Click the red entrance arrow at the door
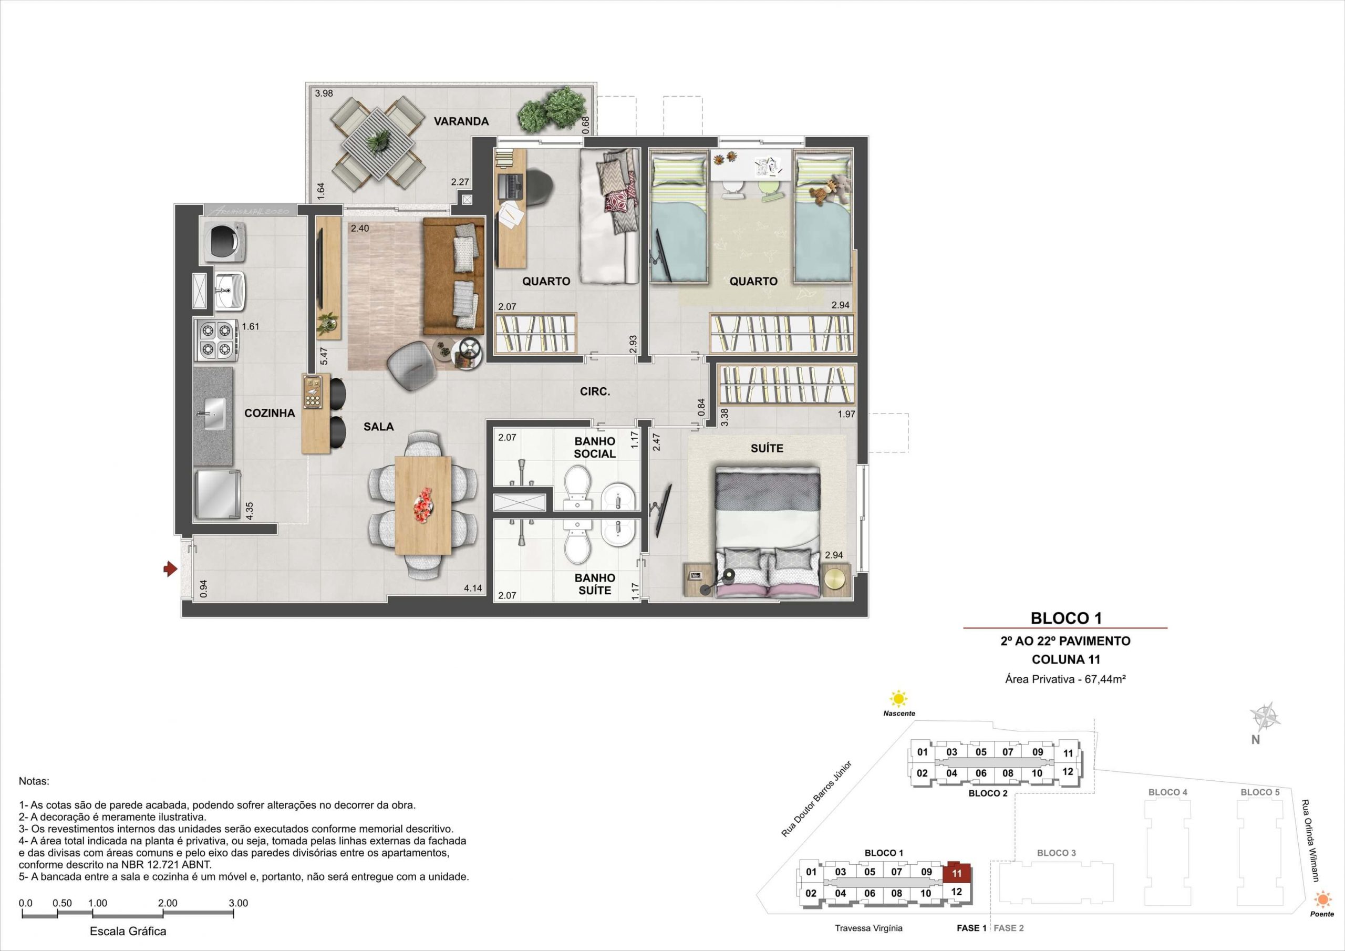click(170, 568)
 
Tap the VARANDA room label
click(461, 122)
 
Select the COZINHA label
click(270, 413)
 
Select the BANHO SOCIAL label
click(595, 447)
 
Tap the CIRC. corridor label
click(595, 392)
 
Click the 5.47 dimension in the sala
click(324, 357)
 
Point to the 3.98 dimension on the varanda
click(324, 94)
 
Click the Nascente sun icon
click(897, 699)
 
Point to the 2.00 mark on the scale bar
click(168, 903)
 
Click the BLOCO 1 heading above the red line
click(1066, 617)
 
